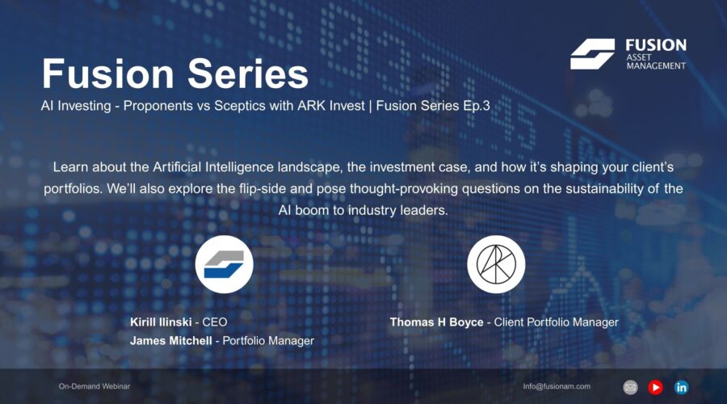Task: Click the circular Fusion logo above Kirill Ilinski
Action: pos(225,264)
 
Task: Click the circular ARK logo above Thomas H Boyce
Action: pos(496,264)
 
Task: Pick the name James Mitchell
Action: pos(171,341)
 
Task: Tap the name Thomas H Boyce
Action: pos(437,322)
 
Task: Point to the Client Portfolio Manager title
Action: pos(556,322)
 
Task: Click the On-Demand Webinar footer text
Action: pos(94,387)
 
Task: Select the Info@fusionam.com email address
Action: pos(557,387)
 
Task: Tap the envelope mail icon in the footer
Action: pos(631,387)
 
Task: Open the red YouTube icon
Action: pos(655,387)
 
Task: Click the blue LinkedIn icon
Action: pos(681,387)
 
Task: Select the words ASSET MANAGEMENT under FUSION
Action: pos(655,61)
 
